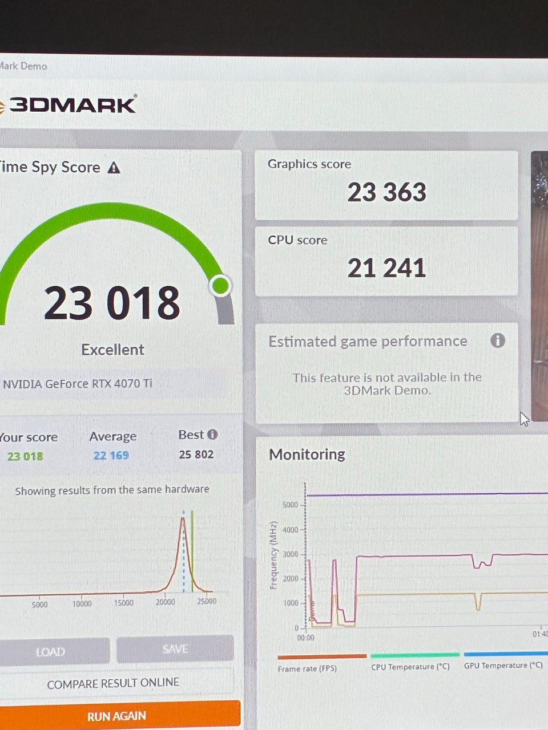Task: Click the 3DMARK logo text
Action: [72, 105]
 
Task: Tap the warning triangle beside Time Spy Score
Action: [114, 168]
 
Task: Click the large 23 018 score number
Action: [112, 303]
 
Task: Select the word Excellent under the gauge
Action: [112, 350]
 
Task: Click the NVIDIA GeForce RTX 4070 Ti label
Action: [78, 384]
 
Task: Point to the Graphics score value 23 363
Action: [386, 192]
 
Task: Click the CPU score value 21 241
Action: [386, 268]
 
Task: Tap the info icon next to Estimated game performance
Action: [498, 340]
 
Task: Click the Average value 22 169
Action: [111, 456]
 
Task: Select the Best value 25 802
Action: [196, 455]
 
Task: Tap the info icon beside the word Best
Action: [212, 435]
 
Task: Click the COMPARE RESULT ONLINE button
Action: [113, 683]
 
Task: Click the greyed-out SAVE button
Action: [175, 649]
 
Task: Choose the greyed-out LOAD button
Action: [50, 651]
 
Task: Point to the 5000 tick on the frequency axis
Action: [290, 505]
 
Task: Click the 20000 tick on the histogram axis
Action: [166, 602]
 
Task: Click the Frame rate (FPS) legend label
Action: [307, 668]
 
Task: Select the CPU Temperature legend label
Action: [410, 667]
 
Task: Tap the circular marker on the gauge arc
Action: [220, 285]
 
